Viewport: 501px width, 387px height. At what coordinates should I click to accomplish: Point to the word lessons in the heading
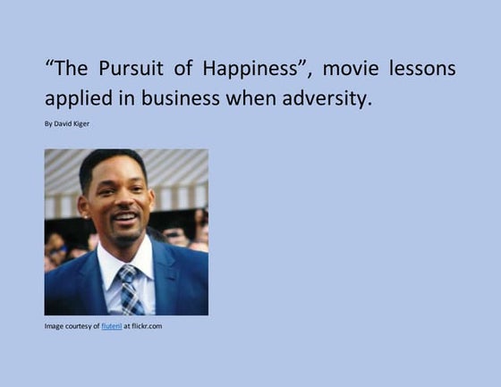point(425,69)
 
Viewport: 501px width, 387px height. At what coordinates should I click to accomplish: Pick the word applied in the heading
point(79,98)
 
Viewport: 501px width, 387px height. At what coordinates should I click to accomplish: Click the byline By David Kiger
point(67,123)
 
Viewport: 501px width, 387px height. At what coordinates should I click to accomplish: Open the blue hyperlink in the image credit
point(112,326)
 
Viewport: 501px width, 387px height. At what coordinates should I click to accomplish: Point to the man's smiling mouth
point(125,217)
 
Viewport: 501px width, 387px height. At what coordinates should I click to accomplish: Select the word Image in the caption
point(55,326)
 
